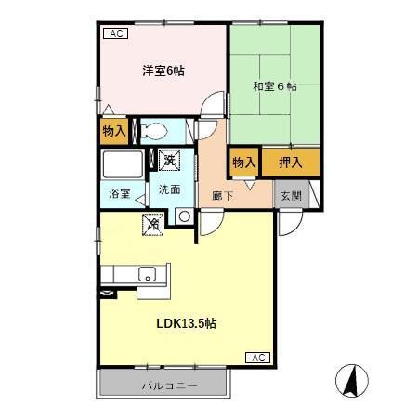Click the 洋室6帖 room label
(x=163, y=71)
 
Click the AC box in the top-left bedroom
(x=116, y=34)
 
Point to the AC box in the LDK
(x=259, y=358)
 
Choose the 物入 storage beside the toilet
(x=114, y=131)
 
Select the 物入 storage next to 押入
(x=244, y=162)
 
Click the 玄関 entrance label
(x=290, y=195)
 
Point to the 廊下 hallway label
(x=224, y=196)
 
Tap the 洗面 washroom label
(x=169, y=189)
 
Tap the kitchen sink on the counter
(x=146, y=274)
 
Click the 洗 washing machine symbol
(x=169, y=161)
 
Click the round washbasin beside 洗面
(x=184, y=216)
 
